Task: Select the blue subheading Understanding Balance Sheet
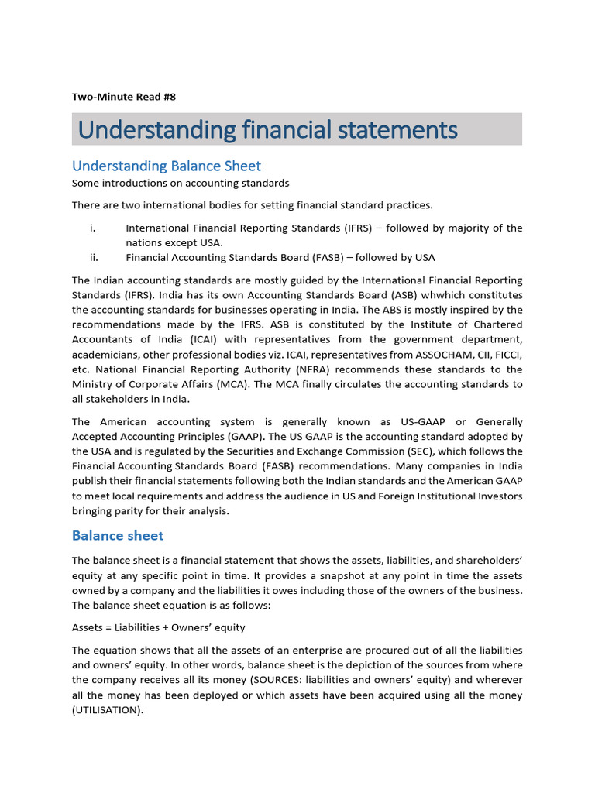pyautogui.click(x=167, y=166)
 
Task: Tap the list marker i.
pyautogui.click(x=92, y=228)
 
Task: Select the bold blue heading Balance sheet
pyautogui.click(x=118, y=535)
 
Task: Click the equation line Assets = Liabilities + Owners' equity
pyautogui.click(x=159, y=627)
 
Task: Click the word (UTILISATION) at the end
pyautogui.click(x=108, y=710)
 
